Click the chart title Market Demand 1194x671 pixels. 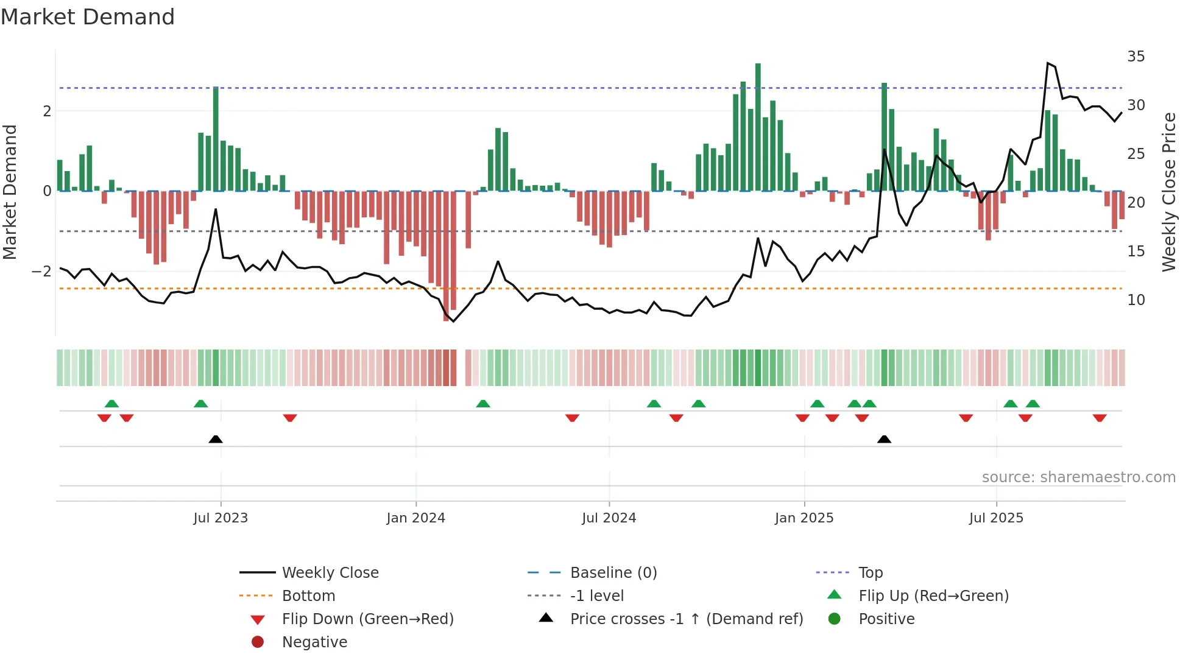click(88, 17)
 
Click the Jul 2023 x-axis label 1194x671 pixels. click(221, 518)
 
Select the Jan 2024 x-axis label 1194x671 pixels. click(416, 518)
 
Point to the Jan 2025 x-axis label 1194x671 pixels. click(804, 518)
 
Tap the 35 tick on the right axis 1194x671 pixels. click(1136, 57)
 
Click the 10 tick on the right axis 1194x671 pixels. click(1136, 300)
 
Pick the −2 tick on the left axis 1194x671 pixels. click(42, 272)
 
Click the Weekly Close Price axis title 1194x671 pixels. click(1168, 192)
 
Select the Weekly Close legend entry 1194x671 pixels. click(330, 573)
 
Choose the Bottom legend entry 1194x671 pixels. click(308, 596)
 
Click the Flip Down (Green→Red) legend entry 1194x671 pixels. click(367, 619)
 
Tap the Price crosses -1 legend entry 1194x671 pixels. click(687, 619)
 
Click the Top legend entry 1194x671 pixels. click(871, 573)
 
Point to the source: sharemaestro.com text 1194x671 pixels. click(1078, 477)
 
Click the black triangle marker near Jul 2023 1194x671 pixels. click(216, 439)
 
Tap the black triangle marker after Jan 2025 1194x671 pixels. click(884, 439)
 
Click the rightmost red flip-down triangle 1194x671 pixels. click(1100, 418)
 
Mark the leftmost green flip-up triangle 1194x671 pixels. click(111, 404)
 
